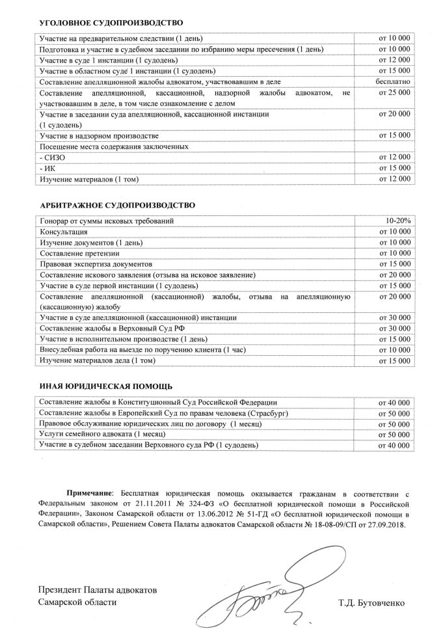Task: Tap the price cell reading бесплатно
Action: (x=393, y=81)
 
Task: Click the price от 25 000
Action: (x=394, y=93)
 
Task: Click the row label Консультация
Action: (x=63, y=232)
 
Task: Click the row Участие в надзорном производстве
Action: (x=99, y=135)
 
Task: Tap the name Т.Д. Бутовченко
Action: (x=371, y=602)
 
